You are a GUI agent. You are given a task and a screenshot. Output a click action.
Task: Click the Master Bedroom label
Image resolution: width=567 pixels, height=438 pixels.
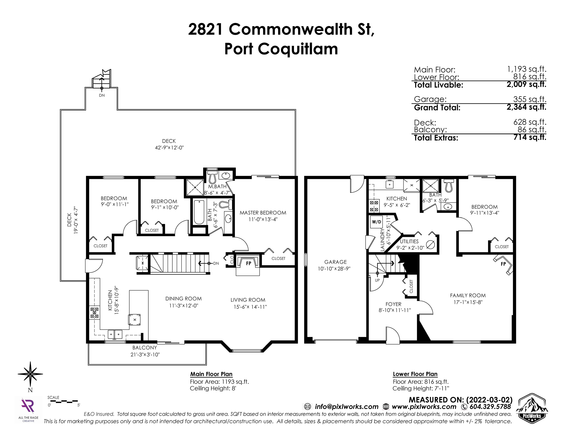(263, 213)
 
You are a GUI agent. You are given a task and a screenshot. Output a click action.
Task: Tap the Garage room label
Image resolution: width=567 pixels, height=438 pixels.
(335, 262)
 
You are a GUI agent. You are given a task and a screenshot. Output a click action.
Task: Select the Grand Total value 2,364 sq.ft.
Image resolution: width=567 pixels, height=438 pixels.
(526, 107)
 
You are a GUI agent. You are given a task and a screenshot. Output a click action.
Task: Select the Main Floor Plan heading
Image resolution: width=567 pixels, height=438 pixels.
(211, 374)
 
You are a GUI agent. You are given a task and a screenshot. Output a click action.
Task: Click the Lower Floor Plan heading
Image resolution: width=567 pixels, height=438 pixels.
(415, 374)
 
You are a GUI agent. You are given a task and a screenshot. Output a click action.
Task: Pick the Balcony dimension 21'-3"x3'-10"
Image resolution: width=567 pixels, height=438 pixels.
(145, 354)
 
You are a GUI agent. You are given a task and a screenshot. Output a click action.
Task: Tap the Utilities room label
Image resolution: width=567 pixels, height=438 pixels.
(409, 241)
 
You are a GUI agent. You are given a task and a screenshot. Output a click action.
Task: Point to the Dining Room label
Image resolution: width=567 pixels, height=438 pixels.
(184, 299)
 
